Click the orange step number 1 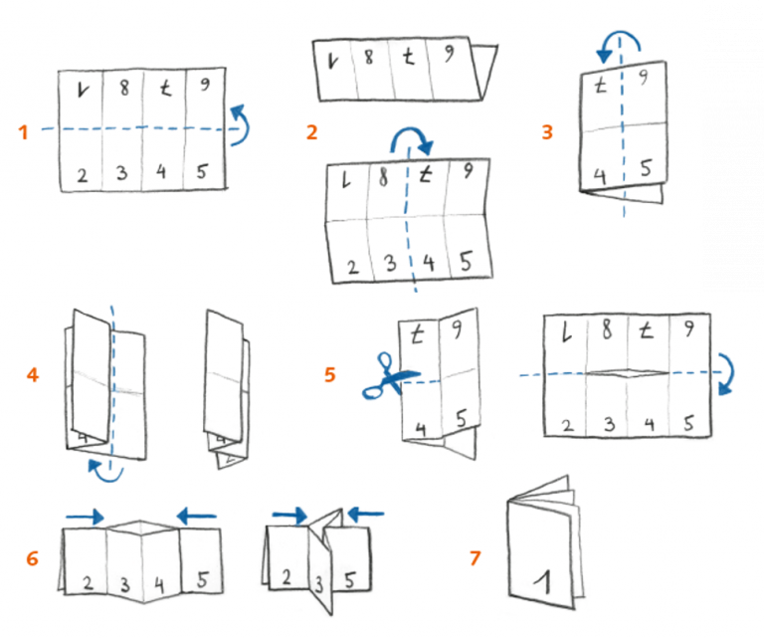pyautogui.click(x=24, y=131)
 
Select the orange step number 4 pyautogui.click(x=34, y=375)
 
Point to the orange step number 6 pyautogui.click(x=33, y=558)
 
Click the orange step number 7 pyautogui.click(x=475, y=558)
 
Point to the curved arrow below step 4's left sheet pyautogui.click(x=104, y=468)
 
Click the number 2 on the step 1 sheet pyautogui.click(x=82, y=175)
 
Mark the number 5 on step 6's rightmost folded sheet pyautogui.click(x=349, y=578)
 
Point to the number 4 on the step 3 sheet pyautogui.click(x=601, y=176)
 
